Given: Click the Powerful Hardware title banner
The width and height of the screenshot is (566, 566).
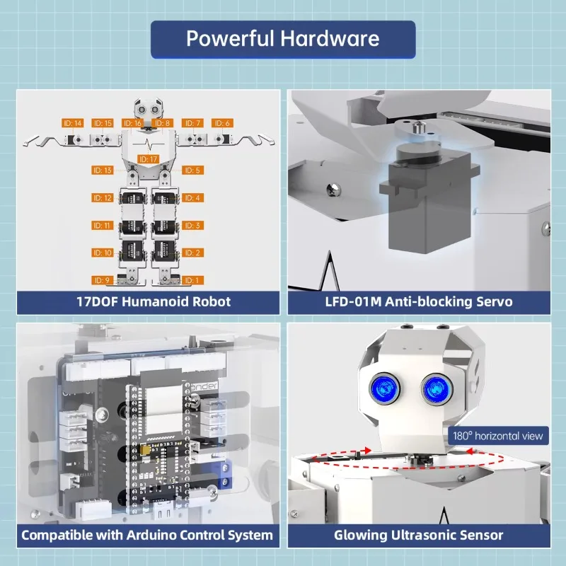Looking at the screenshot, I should coord(282,39).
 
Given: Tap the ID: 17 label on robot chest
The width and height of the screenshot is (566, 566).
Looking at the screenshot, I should coord(149,159).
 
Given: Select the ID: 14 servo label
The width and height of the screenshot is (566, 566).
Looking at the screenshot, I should coord(73,123).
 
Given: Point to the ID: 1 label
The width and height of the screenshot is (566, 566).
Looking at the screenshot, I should coord(193,280).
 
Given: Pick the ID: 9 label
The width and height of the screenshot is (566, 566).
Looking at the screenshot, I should coord(103,280).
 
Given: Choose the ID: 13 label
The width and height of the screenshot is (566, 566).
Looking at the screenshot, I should coord(103,171).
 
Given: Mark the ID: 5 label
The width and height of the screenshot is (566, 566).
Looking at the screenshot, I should coord(193,171).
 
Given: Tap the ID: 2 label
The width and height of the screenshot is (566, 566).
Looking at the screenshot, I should coord(193,253).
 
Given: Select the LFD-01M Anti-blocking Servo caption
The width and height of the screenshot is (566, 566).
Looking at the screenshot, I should coord(418,302).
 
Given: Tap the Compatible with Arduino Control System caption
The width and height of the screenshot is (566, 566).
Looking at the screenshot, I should coord(146,535).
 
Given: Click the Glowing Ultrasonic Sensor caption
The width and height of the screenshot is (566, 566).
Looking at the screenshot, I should coord(418,535).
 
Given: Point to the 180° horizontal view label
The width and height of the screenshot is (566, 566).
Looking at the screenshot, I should coord(498,436).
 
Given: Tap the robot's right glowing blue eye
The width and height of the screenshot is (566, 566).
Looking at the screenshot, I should coord(434,388).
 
